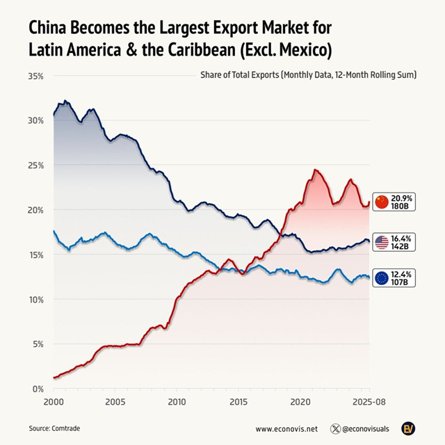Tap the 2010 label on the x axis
pyautogui.click(x=177, y=403)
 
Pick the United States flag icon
pyautogui.click(x=381, y=243)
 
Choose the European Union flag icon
pyautogui.click(x=381, y=279)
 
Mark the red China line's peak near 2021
pyautogui.click(x=315, y=170)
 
